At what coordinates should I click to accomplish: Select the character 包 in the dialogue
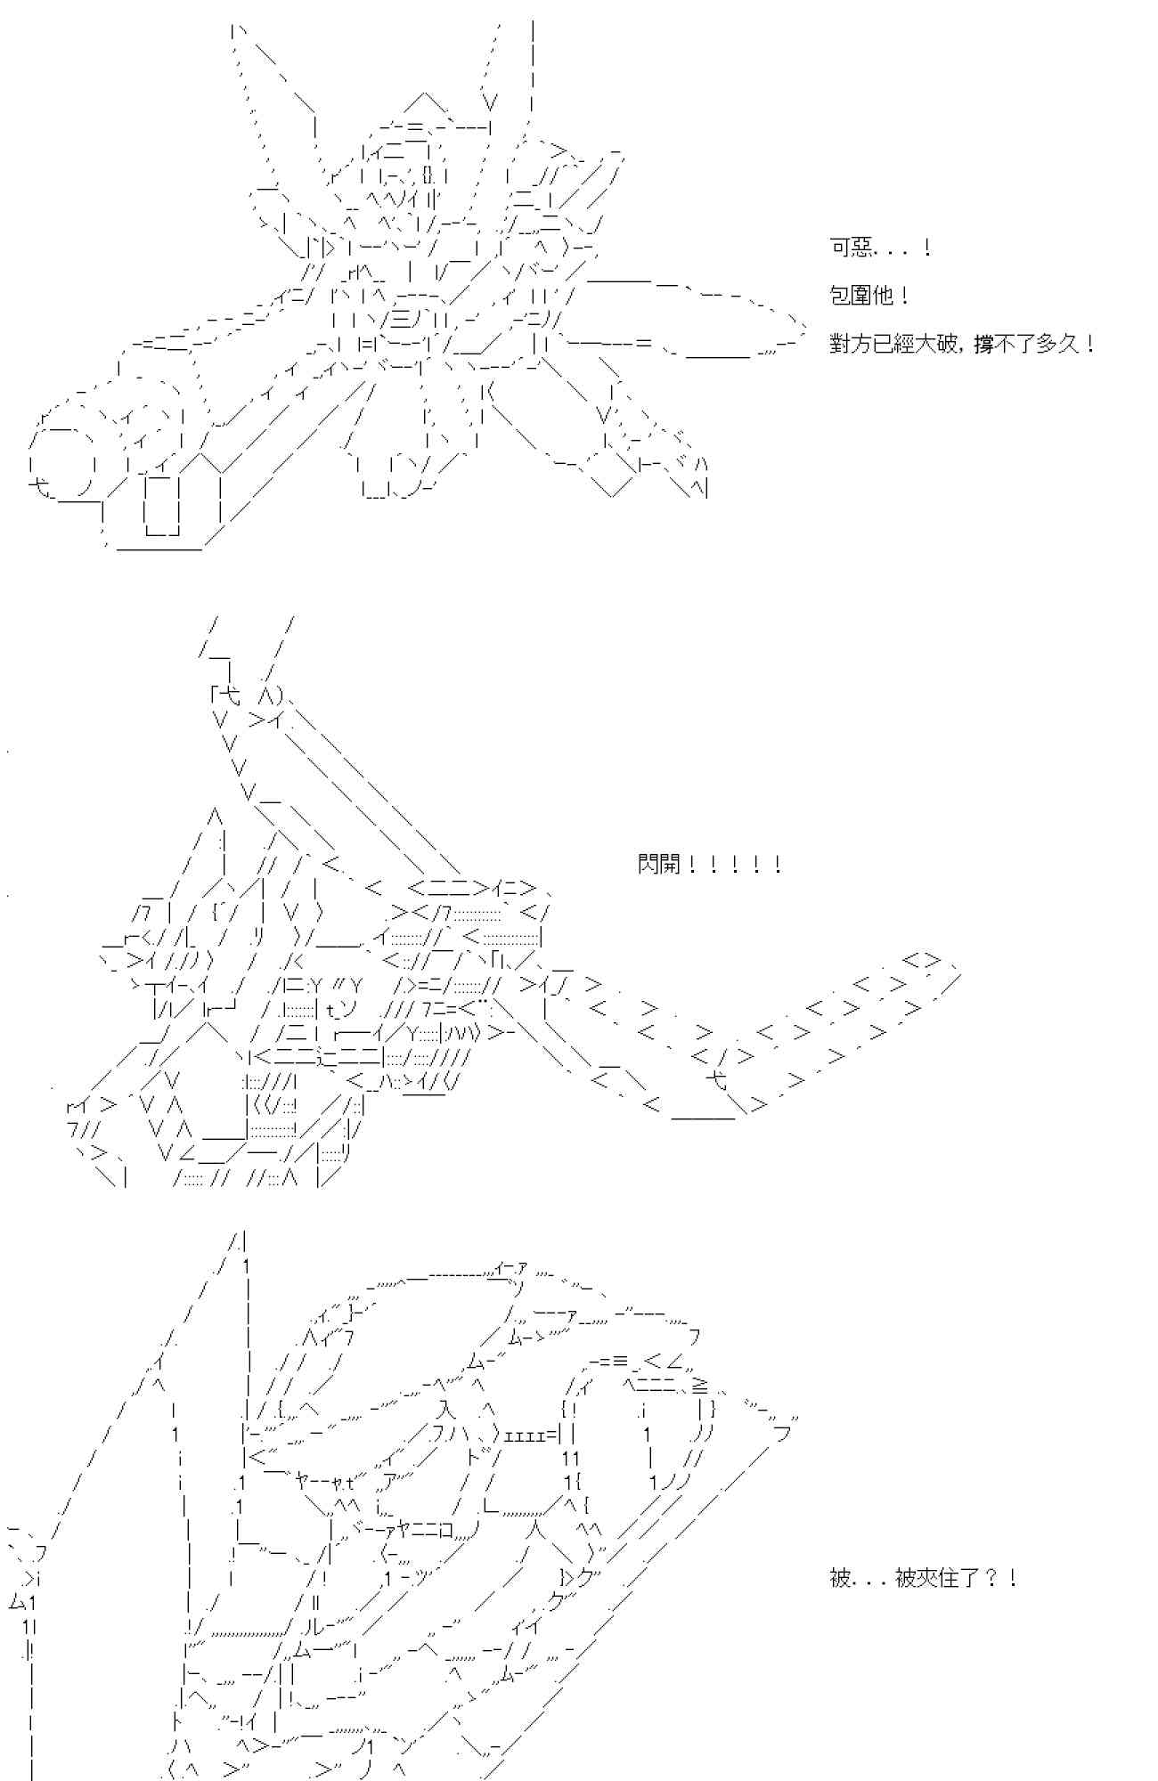(x=841, y=296)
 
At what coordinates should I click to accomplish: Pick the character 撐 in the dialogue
(x=983, y=344)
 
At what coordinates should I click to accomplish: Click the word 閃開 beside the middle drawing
(x=659, y=864)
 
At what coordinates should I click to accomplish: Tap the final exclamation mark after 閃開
(x=778, y=864)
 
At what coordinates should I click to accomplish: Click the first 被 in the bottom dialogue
(x=841, y=1579)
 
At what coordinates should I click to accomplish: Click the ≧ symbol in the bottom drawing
(x=701, y=1386)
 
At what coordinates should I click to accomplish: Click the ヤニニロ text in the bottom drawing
(x=423, y=1530)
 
